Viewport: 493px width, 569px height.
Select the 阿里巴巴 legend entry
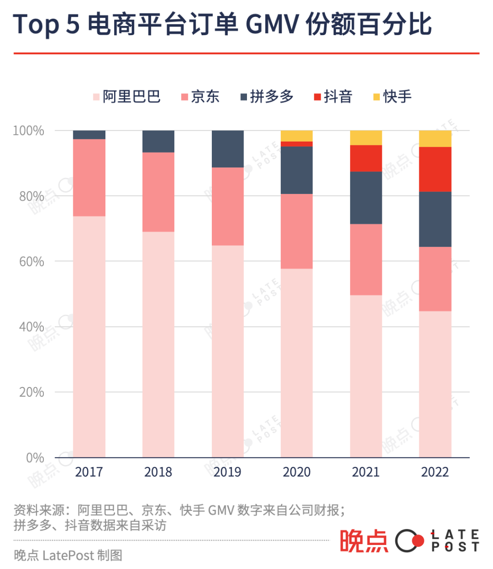tap(127, 97)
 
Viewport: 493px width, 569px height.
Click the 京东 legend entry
tap(200, 97)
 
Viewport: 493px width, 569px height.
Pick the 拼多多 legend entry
tap(267, 97)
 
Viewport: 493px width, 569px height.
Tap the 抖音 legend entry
tap(333, 97)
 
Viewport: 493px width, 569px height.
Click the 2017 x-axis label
tap(89, 472)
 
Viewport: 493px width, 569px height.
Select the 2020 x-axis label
tap(297, 472)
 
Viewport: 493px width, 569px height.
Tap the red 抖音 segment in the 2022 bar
tap(435, 169)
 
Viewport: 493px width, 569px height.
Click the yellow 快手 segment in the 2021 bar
tap(366, 138)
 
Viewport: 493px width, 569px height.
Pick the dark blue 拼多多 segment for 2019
tap(228, 149)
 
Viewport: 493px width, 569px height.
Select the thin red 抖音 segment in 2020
tap(297, 144)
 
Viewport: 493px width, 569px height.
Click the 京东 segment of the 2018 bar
tap(158, 192)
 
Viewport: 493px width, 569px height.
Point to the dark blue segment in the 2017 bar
tap(89, 135)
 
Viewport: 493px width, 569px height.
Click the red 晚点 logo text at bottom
tap(364, 541)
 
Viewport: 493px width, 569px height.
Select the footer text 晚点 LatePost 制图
tap(68, 556)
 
